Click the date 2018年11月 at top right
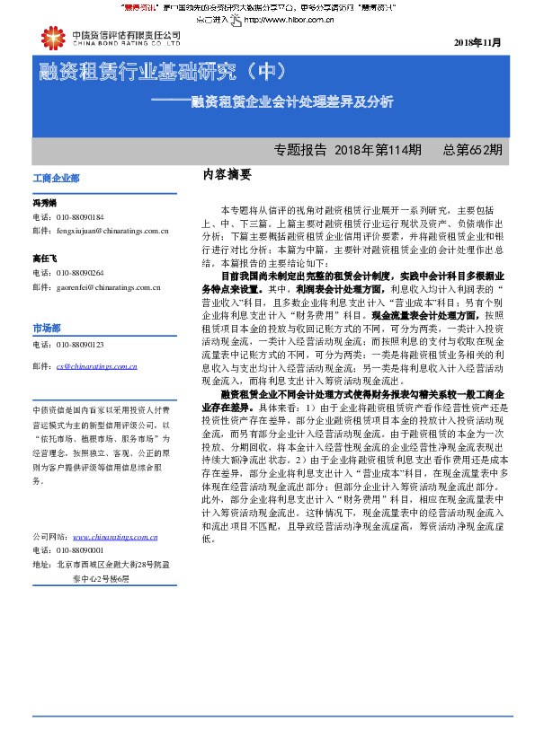tap(477, 43)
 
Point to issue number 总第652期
tap(472, 149)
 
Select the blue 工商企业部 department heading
tap(56, 179)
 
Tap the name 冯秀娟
tap(45, 204)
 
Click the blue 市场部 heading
tap(47, 328)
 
